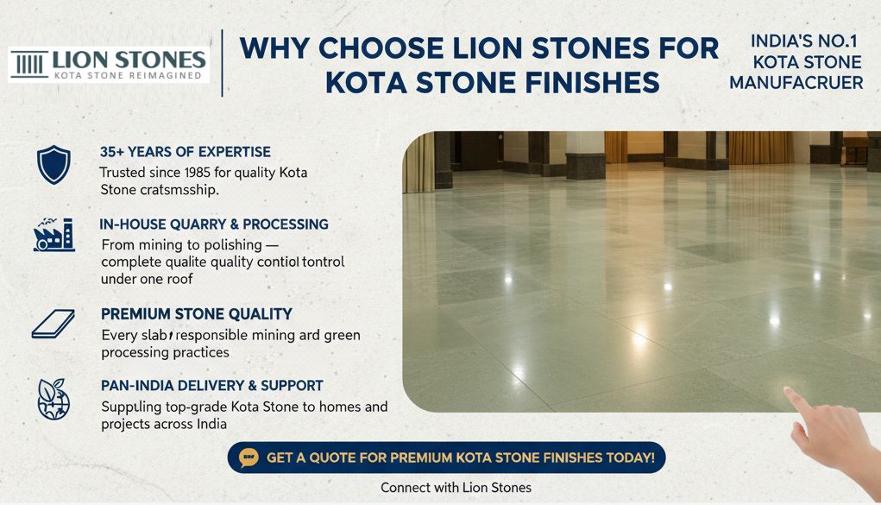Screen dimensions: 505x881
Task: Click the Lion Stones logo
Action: pyautogui.click(x=109, y=65)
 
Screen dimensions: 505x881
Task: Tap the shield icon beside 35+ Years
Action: pyautogui.click(x=53, y=164)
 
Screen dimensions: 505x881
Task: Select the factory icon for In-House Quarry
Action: pyautogui.click(x=53, y=234)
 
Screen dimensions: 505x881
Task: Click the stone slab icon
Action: pyautogui.click(x=53, y=324)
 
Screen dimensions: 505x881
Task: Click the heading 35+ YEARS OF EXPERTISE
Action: pyautogui.click(x=185, y=152)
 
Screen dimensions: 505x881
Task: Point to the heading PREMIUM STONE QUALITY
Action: pyautogui.click(x=196, y=314)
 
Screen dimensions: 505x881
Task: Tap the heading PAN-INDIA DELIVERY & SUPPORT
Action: pyautogui.click(x=211, y=386)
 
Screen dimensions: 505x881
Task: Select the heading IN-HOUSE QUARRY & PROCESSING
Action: pyautogui.click(x=214, y=224)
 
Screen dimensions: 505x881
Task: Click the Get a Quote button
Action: pyautogui.click(x=446, y=458)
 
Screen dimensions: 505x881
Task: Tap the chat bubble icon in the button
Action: pyautogui.click(x=249, y=458)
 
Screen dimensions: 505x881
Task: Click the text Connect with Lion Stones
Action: pyautogui.click(x=456, y=488)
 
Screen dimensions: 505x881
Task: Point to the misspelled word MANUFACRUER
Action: pyautogui.click(x=796, y=84)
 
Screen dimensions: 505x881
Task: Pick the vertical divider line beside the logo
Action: pyautogui.click(x=223, y=63)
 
